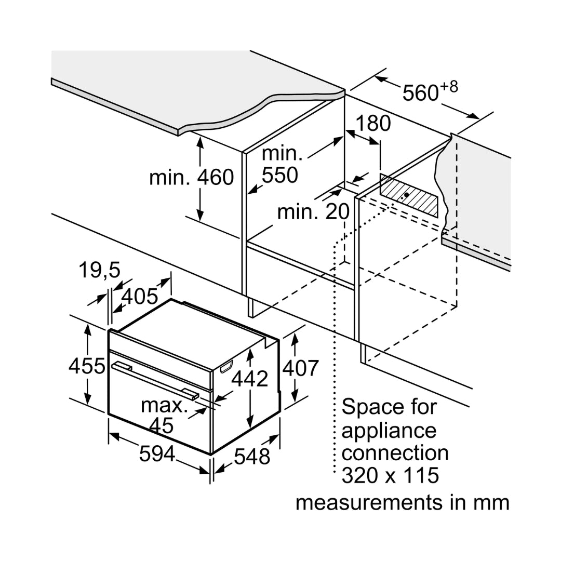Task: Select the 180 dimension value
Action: click(x=372, y=124)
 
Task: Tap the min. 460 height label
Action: click(x=191, y=177)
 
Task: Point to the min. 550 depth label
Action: click(x=281, y=165)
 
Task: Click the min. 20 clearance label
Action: click(x=313, y=212)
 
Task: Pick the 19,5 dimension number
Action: click(x=99, y=270)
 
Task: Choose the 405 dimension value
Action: click(x=139, y=296)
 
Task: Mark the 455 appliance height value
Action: click(x=87, y=366)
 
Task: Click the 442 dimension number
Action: click(x=249, y=379)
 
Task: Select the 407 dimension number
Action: click(x=300, y=368)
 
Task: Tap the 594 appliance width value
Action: click(x=157, y=454)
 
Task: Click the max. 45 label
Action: click(x=164, y=415)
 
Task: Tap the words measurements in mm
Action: click(x=403, y=502)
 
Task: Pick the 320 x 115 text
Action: click(x=390, y=475)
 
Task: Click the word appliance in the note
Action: click(x=389, y=430)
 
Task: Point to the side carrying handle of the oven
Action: click(x=227, y=368)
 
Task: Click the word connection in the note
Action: click(x=395, y=452)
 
